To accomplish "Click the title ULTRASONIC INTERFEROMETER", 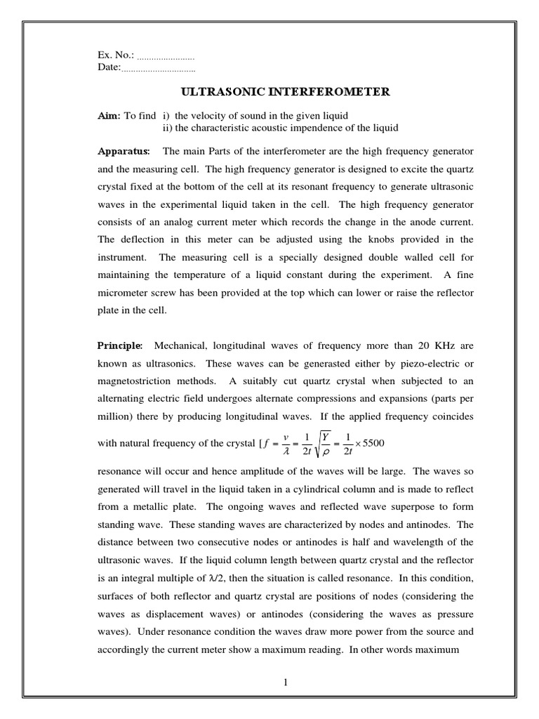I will pos(286,92).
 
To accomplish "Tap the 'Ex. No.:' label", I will pos(116,55).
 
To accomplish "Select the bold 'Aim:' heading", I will pos(109,115).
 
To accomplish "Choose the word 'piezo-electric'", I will pos(424,364).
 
